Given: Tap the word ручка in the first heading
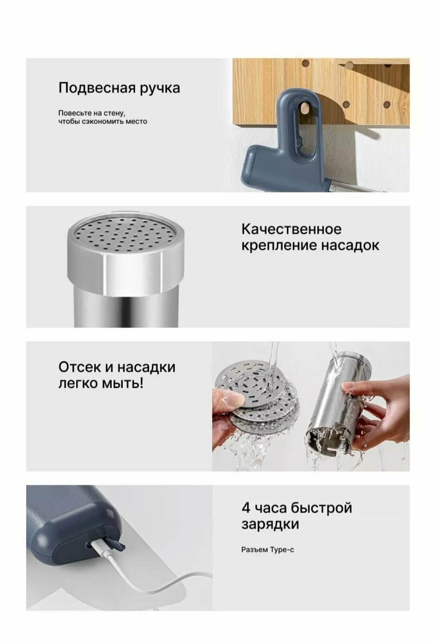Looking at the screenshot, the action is click(160, 89).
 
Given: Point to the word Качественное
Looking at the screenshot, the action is click(291, 229).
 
